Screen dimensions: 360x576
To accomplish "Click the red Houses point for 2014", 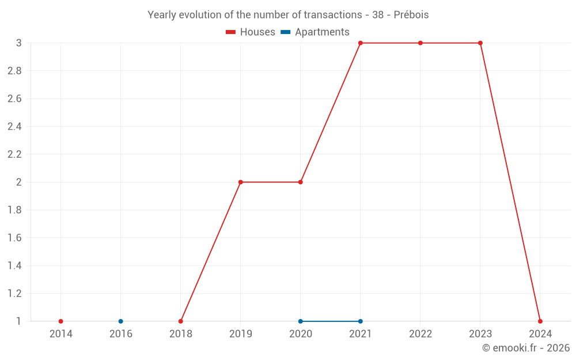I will pyautogui.click(x=60, y=321).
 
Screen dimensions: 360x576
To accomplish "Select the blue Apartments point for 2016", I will pyautogui.click(x=120, y=321).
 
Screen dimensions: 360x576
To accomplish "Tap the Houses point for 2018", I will pyautogui.click(x=181, y=321).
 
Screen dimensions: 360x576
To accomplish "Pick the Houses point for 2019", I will pyautogui.click(x=241, y=182).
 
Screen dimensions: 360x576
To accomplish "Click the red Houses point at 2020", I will pyautogui.click(x=301, y=182).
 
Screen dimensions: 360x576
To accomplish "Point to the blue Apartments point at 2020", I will pyautogui.click(x=301, y=321).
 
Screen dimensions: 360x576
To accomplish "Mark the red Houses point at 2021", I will pyautogui.click(x=361, y=43).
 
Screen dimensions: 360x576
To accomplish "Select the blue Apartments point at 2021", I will pyautogui.click(x=361, y=321).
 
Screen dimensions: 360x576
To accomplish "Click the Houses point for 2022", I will pyautogui.click(x=420, y=43).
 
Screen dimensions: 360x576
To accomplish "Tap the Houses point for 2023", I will pyautogui.click(x=480, y=43).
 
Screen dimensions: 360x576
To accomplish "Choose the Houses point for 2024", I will pyautogui.click(x=540, y=321).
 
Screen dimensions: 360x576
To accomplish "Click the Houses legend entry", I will pyautogui.click(x=251, y=32).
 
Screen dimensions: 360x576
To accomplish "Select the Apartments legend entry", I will pyautogui.click(x=315, y=32).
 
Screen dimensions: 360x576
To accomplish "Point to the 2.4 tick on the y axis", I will pyautogui.click(x=14, y=127).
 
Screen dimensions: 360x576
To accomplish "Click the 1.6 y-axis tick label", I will pyautogui.click(x=14, y=238).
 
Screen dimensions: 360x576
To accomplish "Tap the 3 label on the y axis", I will pyautogui.click(x=18, y=43).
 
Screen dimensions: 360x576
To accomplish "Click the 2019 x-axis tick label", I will pyautogui.click(x=241, y=334).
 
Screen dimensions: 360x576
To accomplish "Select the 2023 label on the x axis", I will pyautogui.click(x=480, y=334).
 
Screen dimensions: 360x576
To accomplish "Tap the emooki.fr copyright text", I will pyautogui.click(x=526, y=348).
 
